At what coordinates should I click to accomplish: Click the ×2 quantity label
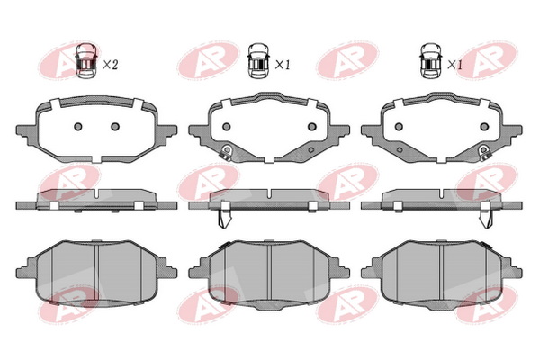(111, 65)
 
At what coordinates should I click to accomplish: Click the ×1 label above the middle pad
(283, 65)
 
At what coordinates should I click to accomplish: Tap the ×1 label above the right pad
(454, 65)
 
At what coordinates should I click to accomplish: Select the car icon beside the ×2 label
(86, 61)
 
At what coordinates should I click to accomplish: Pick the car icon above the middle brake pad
(258, 61)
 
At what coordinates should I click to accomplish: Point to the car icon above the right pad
(431, 61)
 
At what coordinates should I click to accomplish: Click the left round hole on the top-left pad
(78, 127)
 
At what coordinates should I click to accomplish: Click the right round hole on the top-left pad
(115, 127)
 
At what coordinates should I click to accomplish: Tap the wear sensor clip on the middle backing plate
(227, 151)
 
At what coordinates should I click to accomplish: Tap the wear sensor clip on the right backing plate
(484, 151)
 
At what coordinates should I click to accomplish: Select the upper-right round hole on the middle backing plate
(311, 127)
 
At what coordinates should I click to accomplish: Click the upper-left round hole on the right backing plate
(399, 127)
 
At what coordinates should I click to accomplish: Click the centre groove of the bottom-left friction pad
(97, 272)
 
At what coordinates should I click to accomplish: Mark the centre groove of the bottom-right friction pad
(442, 272)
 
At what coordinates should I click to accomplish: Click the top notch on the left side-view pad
(97, 193)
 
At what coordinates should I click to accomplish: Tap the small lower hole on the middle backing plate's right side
(311, 149)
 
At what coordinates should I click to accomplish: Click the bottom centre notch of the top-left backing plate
(96, 159)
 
